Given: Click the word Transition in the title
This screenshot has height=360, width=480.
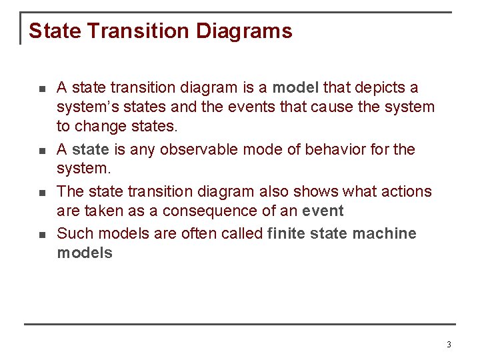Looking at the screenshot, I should [139, 31].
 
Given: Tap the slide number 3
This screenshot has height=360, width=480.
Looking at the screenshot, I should [449, 345].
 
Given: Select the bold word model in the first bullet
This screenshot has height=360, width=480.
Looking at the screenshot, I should [296, 87].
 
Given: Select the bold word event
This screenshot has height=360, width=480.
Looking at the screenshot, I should [321, 212].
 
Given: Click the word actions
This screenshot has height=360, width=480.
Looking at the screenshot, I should [407, 191].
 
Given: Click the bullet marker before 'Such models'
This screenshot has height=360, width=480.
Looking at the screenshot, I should [41, 235].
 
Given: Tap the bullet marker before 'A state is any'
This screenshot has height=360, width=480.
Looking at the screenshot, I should [41, 151].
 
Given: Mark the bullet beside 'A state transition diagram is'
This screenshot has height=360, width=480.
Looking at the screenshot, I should [41, 89].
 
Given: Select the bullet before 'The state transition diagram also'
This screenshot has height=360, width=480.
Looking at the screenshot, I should [41, 193].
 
